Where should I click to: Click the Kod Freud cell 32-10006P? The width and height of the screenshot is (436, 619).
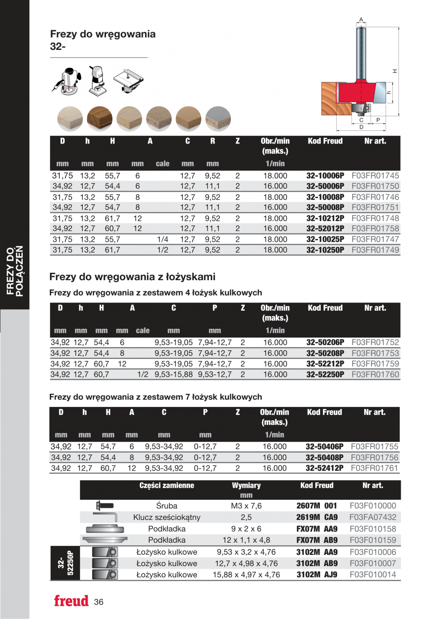[325, 176]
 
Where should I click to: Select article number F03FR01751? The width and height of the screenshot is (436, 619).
[375, 208]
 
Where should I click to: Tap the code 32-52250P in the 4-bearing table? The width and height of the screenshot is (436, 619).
[325, 375]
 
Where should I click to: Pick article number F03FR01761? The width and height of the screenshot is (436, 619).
[374, 468]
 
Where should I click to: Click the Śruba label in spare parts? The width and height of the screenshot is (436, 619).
[166, 506]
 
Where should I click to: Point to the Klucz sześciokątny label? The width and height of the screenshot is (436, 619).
[166, 517]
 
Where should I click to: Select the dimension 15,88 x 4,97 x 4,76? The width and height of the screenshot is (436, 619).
[246, 575]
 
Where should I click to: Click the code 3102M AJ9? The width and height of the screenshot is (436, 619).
[316, 575]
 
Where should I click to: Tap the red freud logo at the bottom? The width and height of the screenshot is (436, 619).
[71, 601]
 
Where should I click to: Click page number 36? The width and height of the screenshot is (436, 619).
[98, 602]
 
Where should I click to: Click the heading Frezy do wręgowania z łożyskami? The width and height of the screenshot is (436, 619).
[132, 277]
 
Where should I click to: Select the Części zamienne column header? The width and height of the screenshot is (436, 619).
[166, 486]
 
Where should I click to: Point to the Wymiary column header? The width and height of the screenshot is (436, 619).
[246, 486]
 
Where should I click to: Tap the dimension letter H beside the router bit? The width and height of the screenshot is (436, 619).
[395, 71]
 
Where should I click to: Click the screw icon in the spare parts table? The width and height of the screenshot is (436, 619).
[105, 506]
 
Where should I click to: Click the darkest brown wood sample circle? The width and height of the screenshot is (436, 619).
[100, 119]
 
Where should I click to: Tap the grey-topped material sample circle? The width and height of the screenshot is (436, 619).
[218, 119]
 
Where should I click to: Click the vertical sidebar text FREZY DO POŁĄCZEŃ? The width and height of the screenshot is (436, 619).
[15, 271]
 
